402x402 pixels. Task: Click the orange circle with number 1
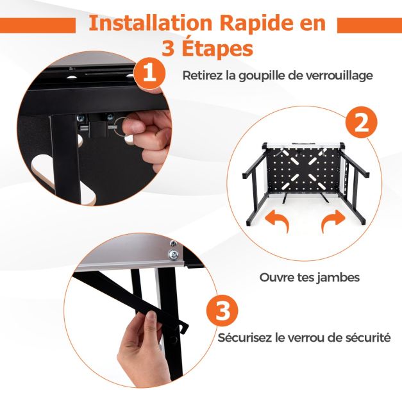(150, 73)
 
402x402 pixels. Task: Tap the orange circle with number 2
(361, 122)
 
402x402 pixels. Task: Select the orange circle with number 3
(222, 311)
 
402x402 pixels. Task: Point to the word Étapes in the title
(217, 49)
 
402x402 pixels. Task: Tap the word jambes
(338, 278)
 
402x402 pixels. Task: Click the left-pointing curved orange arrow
(277, 221)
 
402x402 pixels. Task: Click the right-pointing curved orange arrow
(333, 221)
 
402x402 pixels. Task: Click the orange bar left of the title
(38, 26)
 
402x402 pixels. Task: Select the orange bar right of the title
(369, 26)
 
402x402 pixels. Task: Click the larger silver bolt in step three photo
(173, 255)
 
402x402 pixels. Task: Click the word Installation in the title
(151, 23)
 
